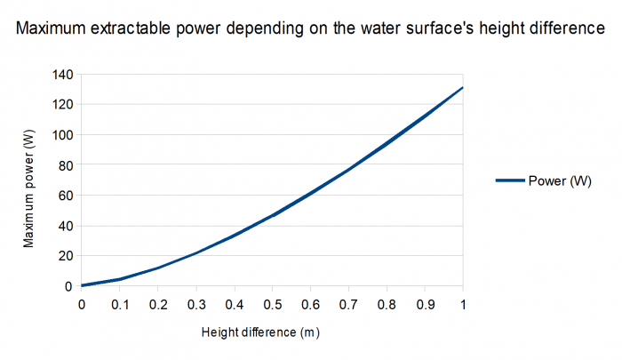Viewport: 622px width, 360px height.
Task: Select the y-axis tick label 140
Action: tap(61, 75)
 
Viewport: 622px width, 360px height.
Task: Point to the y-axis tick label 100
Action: tap(61, 135)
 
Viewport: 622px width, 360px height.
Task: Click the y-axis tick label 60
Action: tap(64, 196)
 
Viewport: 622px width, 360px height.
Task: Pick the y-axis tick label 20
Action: tap(64, 256)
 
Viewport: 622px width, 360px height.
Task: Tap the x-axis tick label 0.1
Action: tap(119, 305)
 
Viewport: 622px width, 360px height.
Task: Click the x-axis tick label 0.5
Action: tap(272, 305)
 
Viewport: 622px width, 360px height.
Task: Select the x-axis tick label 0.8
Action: tap(387, 305)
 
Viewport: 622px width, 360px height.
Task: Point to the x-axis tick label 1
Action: tap(463, 305)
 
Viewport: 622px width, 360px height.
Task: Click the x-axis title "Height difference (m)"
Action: tap(259, 333)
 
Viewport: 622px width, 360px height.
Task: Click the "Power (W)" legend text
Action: tap(560, 180)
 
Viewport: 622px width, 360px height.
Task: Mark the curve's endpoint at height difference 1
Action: tap(463, 87)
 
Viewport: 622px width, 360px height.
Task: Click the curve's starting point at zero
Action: tap(82, 285)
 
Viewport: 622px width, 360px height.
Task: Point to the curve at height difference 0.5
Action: tap(272, 214)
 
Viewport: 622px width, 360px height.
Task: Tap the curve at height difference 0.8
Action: tap(387, 143)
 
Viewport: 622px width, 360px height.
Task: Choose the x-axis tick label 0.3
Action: tap(195, 305)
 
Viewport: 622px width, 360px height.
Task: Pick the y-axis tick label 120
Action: tap(61, 105)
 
